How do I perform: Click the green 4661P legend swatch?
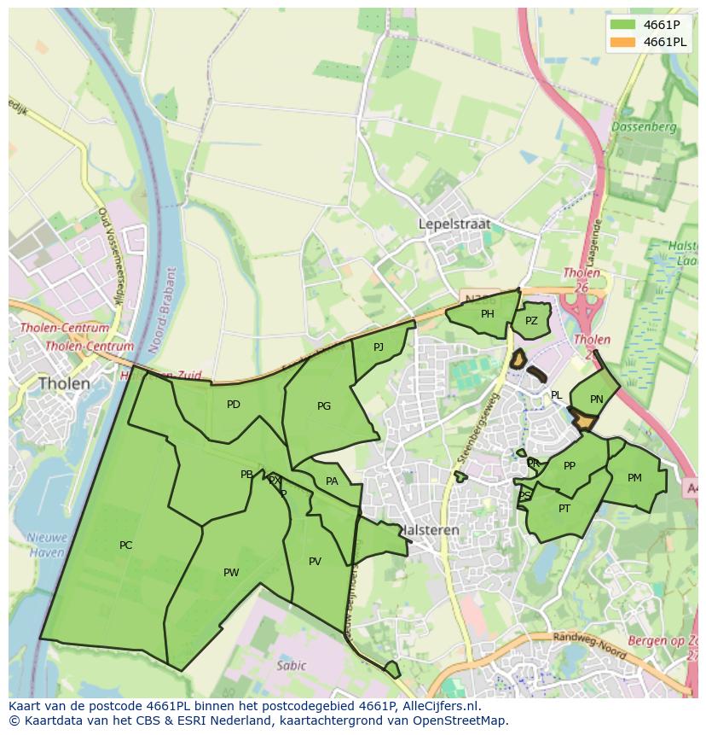(622, 26)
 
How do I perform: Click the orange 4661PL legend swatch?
(622, 42)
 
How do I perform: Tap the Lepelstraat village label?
(454, 224)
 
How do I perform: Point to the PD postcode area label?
(233, 405)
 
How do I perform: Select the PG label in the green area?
(323, 406)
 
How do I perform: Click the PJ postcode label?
(379, 347)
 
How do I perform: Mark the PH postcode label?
(487, 314)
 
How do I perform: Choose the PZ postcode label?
(531, 321)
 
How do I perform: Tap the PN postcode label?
(596, 400)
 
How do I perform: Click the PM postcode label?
(634, 478)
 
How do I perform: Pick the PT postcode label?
(564, 509)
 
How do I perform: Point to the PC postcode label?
(125, 545)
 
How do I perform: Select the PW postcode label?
(231, 573)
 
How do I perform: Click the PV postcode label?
(315, 562)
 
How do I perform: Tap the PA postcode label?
(332, 481)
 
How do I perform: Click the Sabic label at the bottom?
(291, 665)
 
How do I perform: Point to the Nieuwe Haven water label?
(46, 545)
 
